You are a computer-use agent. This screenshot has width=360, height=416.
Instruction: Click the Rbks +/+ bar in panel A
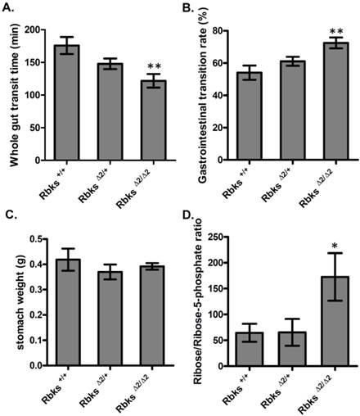pos(67,102)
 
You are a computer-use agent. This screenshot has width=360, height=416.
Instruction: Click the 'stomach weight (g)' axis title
pos(14,301)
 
